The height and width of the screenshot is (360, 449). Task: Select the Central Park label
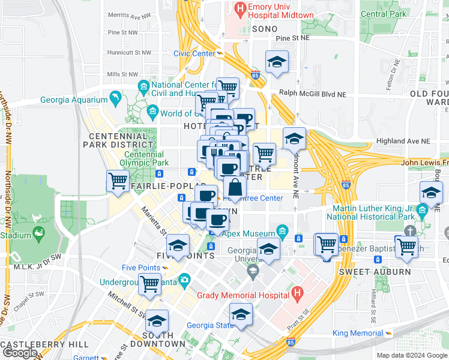coord(383,14)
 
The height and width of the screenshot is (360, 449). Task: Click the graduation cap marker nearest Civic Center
coord(277,62)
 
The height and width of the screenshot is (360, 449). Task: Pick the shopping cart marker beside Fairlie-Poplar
coord(118,180)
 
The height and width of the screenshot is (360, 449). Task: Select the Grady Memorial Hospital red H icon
coord(297,293)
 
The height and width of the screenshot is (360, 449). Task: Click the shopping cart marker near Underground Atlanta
coord(149,284)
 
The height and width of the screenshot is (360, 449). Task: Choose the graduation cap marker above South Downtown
coord(157,321)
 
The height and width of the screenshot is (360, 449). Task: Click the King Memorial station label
coord(357,333)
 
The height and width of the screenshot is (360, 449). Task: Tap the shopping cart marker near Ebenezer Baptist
coord(406,245)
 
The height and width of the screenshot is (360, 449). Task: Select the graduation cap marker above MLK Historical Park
coord(430,193)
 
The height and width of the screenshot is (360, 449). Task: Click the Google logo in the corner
coord(20,353)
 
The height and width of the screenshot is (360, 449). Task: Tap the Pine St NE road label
coord(292,38)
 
